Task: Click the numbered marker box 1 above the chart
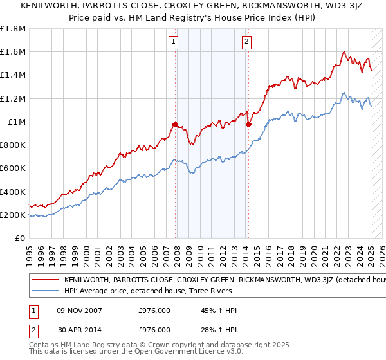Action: [174, 43]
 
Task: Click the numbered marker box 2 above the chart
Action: [247, 43]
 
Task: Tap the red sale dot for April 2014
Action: [248, 124]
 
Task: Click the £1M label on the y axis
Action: [17, 122]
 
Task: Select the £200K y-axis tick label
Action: [13, 215]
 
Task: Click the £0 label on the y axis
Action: [21, 239]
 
